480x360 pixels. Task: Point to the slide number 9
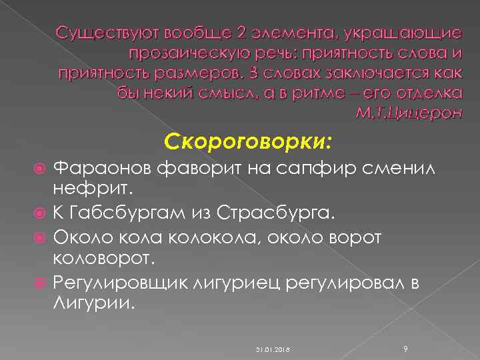(406, 347)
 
